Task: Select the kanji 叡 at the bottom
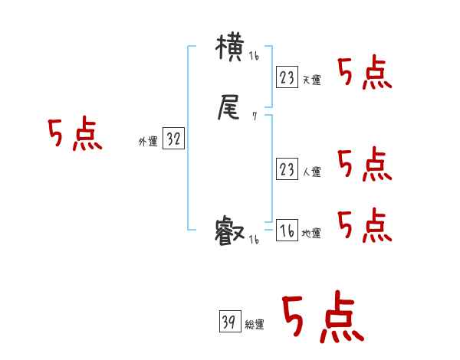coord(230,231)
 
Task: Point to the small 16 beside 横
coord(254,57)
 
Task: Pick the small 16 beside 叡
coord(254,240)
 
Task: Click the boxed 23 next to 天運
coord(287,77)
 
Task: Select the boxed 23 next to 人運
coord(287,169)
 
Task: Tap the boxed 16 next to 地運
coord(287,230)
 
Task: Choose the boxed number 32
coord(173,139)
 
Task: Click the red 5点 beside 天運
coord(365,74)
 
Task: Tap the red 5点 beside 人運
coord(365,164)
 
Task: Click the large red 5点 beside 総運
coord(323,318)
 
